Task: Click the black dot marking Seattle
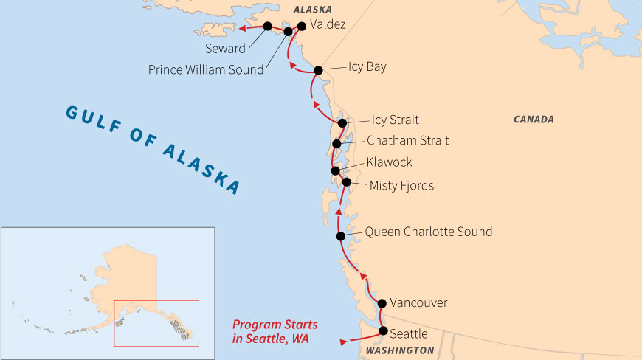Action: (x=383, y=331)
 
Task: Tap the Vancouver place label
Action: (x=418, y=303)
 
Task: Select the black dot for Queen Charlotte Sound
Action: (x=341, y=236)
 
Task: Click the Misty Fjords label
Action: (x=401, y=186)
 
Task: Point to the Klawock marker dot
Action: (x=336, y=170)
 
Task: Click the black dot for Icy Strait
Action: (x=342, y=123)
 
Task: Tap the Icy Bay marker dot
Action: (x=318, y=71)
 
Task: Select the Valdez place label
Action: (x=328, y=24)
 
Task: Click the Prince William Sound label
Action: (x=205, y=70)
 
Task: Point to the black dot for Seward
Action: (x=267, y=26)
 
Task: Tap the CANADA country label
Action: (x=534, y=119)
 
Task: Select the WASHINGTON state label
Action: (x=400, y=350)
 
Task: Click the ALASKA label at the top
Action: (x=312, y=9)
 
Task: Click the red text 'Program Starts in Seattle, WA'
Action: (x=275, y=331)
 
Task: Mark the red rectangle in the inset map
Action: (x=156, y=322)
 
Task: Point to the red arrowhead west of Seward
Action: (x=241, y=30)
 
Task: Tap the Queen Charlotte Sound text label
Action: (x=428, y=232)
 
